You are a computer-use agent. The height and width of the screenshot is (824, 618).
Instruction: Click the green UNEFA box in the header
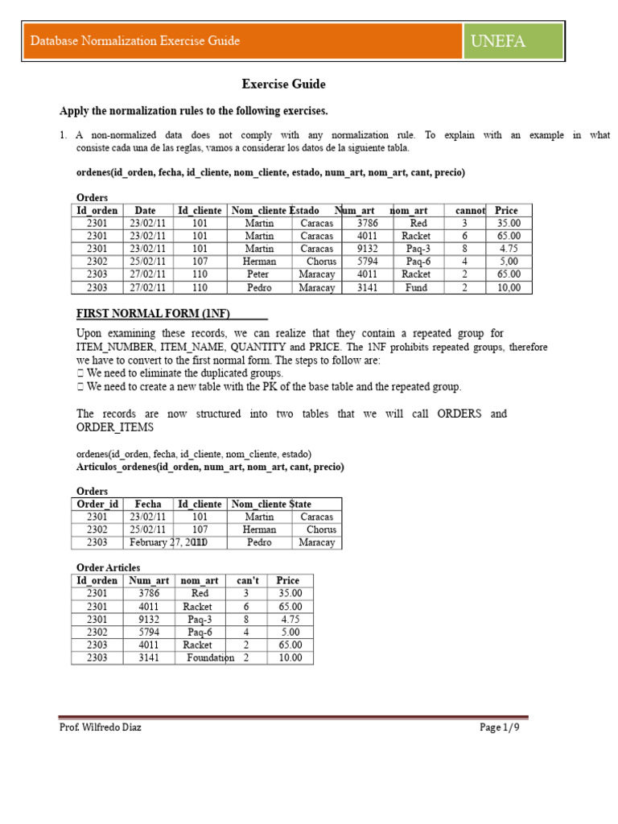[x=513, y=41]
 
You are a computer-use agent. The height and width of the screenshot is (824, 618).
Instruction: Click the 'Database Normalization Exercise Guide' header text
[x=135, y=41]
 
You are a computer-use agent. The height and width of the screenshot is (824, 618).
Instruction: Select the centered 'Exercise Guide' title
[x=284, y=84]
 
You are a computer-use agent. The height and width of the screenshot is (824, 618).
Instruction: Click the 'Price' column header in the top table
[x=506, y=210]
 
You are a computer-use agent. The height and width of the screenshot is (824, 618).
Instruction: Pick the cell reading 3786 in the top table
[x=367, y=223]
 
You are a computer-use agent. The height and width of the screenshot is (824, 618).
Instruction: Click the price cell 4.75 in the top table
[x=507, y=249]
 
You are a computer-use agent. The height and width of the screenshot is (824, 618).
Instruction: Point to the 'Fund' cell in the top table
[x=416, y=287]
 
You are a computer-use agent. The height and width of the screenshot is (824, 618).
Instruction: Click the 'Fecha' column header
[x=148, y=504]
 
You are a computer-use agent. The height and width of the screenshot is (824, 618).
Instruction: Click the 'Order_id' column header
[x=97, y=504]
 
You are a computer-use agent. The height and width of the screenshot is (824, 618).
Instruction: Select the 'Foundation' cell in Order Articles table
[x=210, y=657]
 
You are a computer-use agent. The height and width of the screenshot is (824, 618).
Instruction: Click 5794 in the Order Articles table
[x=149, y=632]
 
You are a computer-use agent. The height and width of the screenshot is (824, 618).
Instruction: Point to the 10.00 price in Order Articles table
[x=289, y=657]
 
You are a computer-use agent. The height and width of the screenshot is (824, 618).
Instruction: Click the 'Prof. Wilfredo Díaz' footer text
[x=101, y=727]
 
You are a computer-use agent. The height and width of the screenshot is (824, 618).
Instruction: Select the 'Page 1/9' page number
[x=505, y=727]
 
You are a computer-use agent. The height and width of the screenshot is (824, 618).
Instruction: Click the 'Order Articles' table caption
[x=108, y=567]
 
